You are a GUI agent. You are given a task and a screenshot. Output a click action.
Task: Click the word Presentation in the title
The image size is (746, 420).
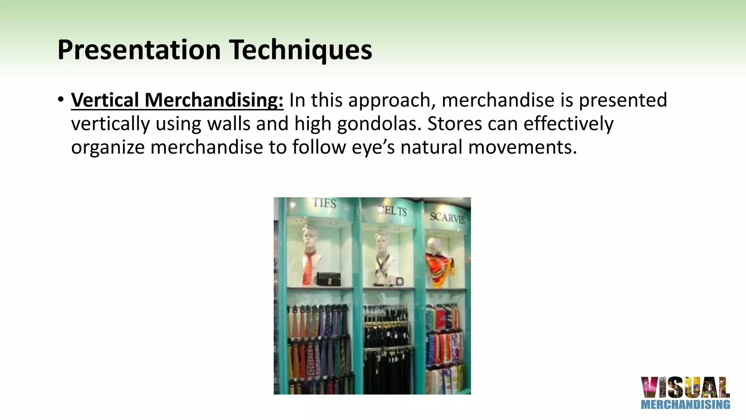(139, 50)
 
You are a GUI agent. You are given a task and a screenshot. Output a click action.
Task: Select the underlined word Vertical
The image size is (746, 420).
(105, 100)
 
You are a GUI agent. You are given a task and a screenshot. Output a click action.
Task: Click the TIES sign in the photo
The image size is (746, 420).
(325, 203)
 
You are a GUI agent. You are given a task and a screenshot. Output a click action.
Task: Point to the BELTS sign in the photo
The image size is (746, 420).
(393, 211)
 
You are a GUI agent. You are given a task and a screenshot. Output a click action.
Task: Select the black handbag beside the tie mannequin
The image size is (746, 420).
(329, 279)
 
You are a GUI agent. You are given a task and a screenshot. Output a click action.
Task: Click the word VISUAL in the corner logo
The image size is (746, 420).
(685, 388)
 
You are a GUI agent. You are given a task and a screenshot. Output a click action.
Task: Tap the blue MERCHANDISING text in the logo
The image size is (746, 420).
(685, 404)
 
